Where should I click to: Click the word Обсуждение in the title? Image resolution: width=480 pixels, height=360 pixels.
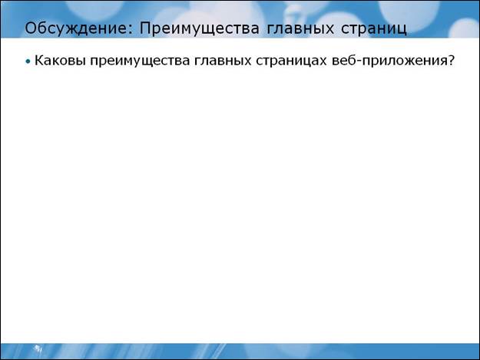tap(75, 28)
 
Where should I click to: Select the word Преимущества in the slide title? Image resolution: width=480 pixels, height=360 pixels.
tap(200, 28)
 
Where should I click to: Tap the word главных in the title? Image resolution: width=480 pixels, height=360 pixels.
tap(300, 28)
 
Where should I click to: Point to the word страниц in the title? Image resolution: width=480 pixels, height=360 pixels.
tap(374, 29)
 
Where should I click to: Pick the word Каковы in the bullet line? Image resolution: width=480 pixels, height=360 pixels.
tap(60, 60)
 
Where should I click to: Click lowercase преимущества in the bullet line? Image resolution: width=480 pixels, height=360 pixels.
tap(140, 61)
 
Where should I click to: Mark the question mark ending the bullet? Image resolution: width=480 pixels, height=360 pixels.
tap(450, 60)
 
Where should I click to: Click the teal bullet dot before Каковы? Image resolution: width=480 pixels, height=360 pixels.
tap(28, 61)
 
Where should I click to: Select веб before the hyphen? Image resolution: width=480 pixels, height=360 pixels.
tap(344, 60)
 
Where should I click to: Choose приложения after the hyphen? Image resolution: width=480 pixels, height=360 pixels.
tap(404, 61)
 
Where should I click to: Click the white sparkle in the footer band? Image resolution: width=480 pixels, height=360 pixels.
tap(38, 348)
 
